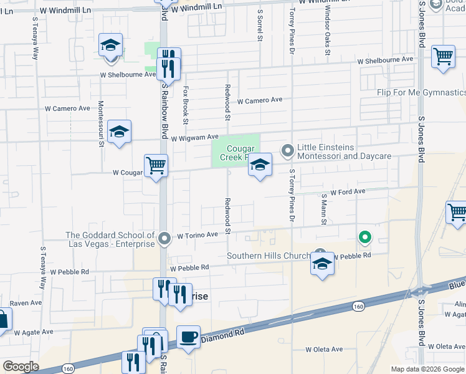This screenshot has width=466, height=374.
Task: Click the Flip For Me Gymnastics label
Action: (421, 93)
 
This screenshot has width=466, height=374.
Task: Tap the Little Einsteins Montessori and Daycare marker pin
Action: (287, 151)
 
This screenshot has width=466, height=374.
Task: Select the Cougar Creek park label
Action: (237, 153)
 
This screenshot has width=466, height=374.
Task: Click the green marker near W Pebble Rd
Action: (364, 237)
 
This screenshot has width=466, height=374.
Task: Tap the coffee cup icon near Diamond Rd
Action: (188, 337)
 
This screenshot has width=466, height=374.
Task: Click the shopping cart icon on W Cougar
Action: (156, 166)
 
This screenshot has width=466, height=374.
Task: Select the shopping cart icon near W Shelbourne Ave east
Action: (443, 57)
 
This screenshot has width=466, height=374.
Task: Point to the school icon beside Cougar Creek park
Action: (260, 165)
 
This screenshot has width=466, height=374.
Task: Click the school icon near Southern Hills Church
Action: (322, 264)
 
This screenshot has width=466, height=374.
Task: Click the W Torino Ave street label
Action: (197, 236)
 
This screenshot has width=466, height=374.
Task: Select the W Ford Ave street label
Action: (348, 192)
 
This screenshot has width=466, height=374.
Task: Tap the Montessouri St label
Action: (100, 123)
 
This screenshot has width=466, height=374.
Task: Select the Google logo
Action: (21, 367)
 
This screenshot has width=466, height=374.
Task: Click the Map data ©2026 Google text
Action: (427, 369)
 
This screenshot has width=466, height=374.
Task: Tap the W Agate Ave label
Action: (34, 332)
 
